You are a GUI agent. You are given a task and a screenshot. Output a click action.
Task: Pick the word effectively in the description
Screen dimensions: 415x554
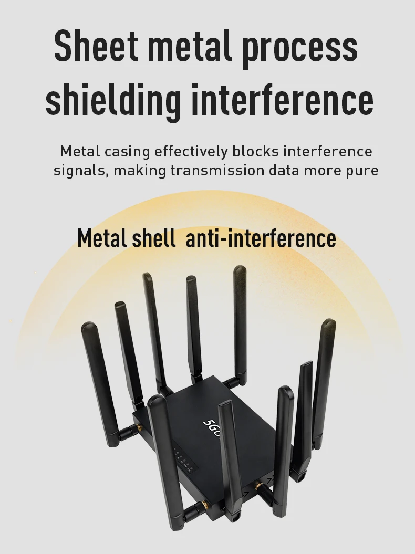(191, 151)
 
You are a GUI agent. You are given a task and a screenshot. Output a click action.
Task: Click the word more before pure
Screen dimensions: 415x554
(325, 171)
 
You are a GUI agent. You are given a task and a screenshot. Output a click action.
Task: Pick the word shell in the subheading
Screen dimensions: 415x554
(153, 238)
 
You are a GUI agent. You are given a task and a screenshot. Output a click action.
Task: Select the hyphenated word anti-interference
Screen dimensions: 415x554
(261, 238)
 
